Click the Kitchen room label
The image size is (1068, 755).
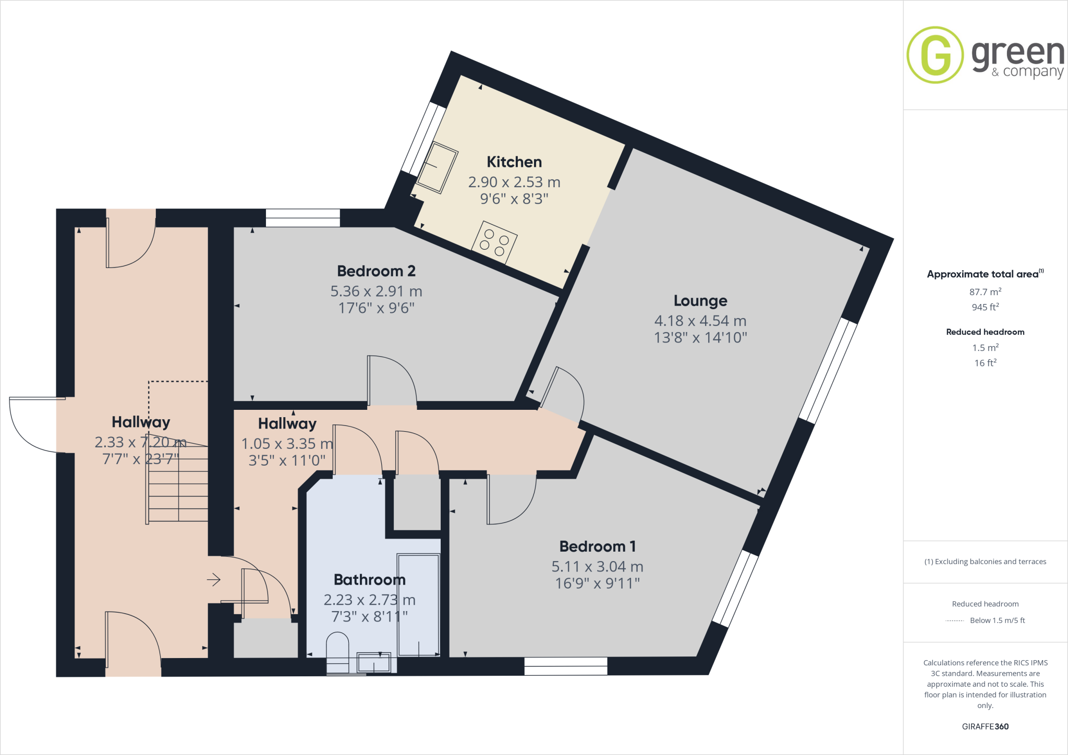514,162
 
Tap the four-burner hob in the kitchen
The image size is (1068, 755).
494,242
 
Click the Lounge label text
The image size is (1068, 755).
700,301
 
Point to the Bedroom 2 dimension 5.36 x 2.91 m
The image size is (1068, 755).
376,291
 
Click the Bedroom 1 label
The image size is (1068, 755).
597,546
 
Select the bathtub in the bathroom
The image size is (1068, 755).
419,605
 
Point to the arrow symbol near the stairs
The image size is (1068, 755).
214,579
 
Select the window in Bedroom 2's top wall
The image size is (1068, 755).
303,218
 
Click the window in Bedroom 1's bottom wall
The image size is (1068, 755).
566,666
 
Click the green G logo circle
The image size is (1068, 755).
935,55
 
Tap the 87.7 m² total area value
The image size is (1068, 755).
985,292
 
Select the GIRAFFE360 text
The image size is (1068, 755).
985,726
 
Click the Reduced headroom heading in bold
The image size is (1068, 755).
985,332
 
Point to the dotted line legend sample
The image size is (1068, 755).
954,620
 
